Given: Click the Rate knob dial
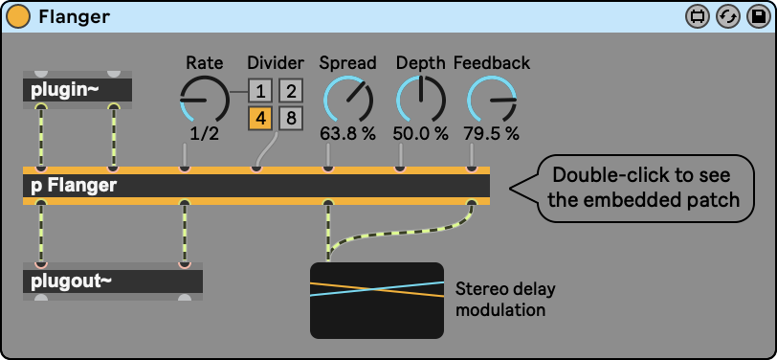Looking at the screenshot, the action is click(x=204, y=101).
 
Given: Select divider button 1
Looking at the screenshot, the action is click(x=260, y=91).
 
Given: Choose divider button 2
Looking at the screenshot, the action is click(x=291, y=91).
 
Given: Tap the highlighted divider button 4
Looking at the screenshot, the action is click(x=260, y=119).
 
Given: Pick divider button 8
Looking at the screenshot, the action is click(x=291, y=119).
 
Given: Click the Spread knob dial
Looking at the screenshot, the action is click(x=347, y=100).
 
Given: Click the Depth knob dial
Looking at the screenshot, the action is click(x=421, y=100).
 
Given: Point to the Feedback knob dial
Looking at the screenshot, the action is click(x=492, y=100).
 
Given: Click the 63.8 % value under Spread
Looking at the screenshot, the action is click(x=347, y=133).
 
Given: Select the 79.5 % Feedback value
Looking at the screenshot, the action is click(x=492, y=133).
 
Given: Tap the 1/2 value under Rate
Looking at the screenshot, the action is click(x=205, y=133).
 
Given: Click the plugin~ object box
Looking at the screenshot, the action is click(x=78, y=90).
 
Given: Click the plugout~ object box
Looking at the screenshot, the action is click(x=113, y=281).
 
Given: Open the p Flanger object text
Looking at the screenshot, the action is click(x=75, y=186).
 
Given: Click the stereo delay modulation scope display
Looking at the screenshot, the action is click(x=377, y=301).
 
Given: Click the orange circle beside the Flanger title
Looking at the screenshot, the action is click(x=19, y=17).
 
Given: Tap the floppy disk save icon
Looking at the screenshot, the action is click(x=758, y=17).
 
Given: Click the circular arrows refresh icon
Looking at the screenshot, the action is click(x=728, y=17).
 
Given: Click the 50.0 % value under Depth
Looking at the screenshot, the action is click(x=421, y=133).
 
